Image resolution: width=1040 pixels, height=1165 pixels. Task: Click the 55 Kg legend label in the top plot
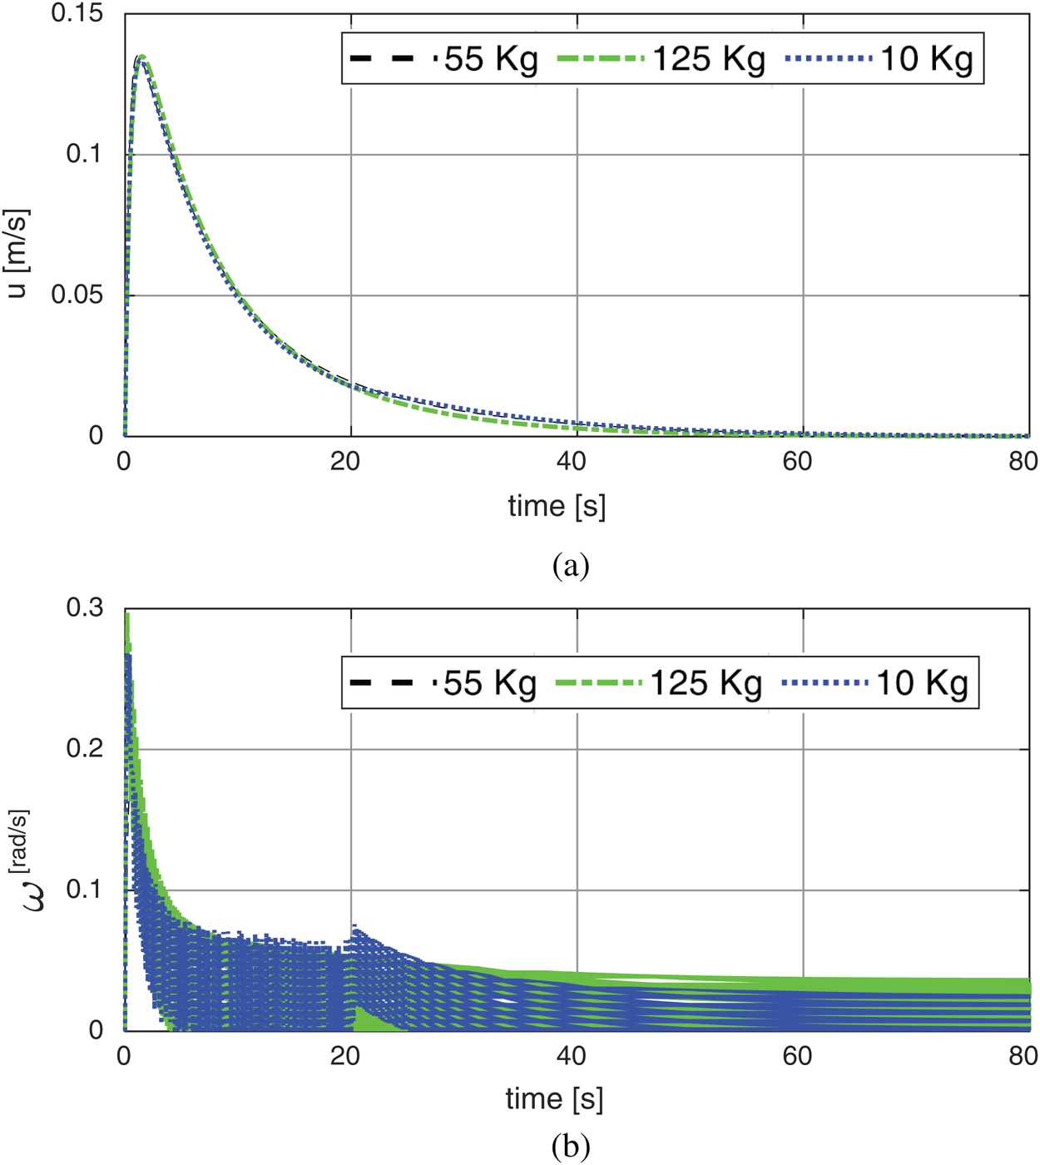(x=491, y=59)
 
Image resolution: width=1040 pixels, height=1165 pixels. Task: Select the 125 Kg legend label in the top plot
(x=708, y=59)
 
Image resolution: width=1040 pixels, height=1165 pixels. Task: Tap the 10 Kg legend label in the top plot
(x=926, y=59)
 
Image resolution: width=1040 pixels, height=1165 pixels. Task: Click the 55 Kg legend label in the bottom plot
(x=489, y=683)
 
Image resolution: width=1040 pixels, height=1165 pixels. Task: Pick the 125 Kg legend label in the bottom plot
(x=706, y=683)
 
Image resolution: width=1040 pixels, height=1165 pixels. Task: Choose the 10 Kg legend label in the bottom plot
(x=923, y=683)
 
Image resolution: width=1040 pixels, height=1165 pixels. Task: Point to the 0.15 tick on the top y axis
(x=77, y=13)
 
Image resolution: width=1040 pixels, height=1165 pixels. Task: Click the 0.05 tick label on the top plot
(x=77, y=295)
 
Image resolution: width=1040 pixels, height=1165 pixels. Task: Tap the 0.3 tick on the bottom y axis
(x=85, y=608)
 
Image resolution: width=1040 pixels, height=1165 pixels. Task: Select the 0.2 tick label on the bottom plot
(x=85, y=749)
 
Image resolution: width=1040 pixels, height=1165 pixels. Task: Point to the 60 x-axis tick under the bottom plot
(x=797, y=1056)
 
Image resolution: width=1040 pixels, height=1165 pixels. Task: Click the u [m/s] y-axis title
(x=17, y=253)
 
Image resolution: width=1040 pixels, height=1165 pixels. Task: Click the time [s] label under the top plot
(x=557, y=506)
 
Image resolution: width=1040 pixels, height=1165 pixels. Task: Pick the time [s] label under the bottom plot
(x=554, y=1099)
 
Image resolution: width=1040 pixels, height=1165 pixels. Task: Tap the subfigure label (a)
(x=571, y=566)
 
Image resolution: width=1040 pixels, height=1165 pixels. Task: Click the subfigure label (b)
(x=571, y=1147)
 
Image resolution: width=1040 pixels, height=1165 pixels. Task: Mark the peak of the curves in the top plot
(x=141, y=57)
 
